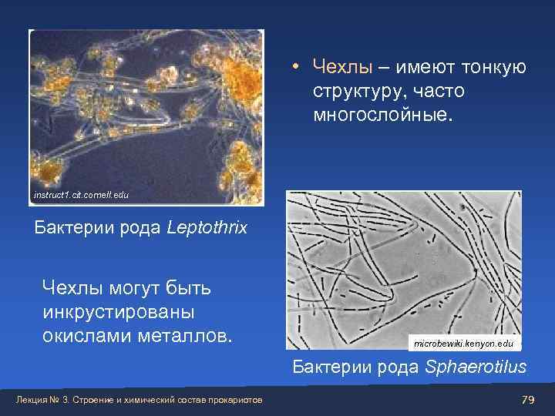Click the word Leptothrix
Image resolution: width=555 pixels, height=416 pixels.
click(x=207, y=228)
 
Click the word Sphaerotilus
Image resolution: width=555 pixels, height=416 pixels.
click(x=476, y=367)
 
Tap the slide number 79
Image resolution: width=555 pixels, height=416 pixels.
click(x=527, y=399)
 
